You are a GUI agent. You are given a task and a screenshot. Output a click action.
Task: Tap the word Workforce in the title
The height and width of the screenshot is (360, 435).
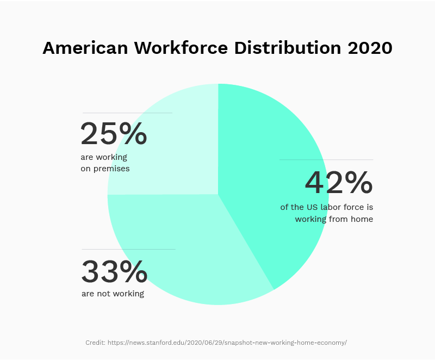[179, 48]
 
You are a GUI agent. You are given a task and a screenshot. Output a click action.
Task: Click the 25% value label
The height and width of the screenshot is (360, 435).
[114, 134]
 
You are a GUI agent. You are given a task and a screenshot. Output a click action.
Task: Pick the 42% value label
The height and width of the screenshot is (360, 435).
[339, 183]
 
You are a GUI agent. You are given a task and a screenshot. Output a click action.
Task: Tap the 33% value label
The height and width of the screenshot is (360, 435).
[114, 272]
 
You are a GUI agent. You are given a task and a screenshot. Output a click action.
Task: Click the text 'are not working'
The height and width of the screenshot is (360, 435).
[113, 294]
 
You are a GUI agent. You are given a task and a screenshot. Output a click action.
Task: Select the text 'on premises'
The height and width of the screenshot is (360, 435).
[105, 169]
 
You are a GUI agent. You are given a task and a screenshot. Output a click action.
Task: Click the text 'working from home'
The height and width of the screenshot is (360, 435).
[334, 219]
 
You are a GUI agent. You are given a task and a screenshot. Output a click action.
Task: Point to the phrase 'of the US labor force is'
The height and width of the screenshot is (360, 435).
[327, 207]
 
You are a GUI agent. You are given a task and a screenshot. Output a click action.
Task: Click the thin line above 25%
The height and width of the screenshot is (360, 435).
[127, 113]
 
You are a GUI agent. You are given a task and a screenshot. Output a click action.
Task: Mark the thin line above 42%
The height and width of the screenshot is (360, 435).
[326, 159]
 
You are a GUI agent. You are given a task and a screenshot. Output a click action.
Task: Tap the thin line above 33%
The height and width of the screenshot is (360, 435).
[128, 249]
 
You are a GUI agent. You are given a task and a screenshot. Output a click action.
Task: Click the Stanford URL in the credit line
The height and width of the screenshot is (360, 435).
[227, 343]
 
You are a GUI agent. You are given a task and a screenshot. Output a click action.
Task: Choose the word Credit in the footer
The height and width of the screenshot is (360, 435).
[95, 343]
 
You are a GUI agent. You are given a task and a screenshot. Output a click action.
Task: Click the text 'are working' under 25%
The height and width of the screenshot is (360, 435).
[104, 157]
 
